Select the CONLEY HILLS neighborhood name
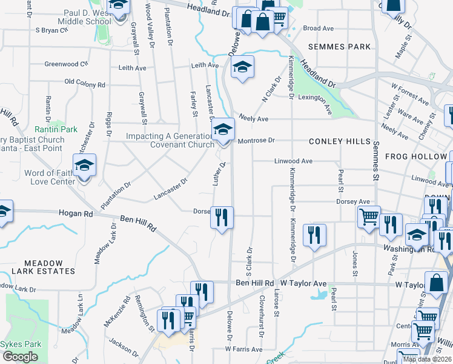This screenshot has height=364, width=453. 339,141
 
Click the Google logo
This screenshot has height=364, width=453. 20,357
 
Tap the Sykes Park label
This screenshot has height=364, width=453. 21,344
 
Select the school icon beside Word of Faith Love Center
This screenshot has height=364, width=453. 85,165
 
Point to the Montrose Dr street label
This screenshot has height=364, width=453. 256,140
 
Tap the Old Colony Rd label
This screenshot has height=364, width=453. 85,83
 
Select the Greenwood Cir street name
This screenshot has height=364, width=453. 66,63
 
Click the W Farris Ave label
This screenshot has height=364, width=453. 243,349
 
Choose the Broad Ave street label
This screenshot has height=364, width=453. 319,29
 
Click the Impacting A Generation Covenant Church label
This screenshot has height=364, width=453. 170,140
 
